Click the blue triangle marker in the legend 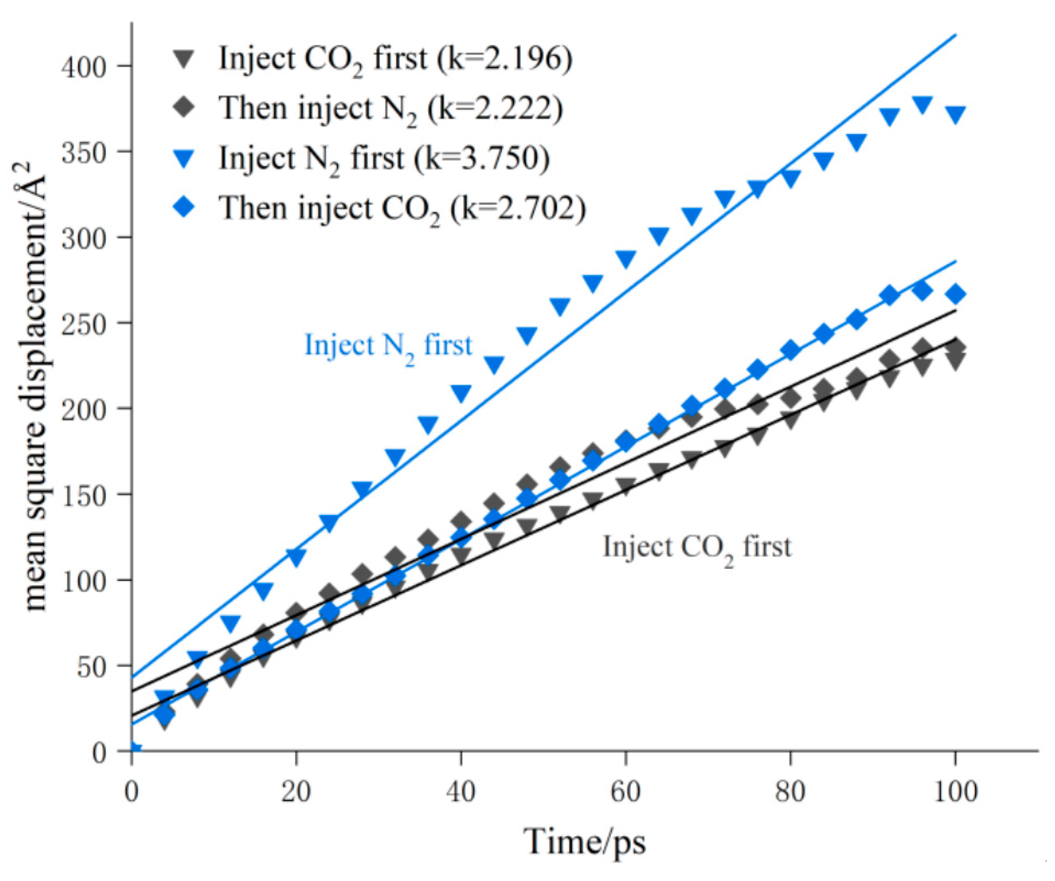185,159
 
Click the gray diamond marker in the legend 185,108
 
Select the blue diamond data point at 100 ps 955,294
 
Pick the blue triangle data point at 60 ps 625,258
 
